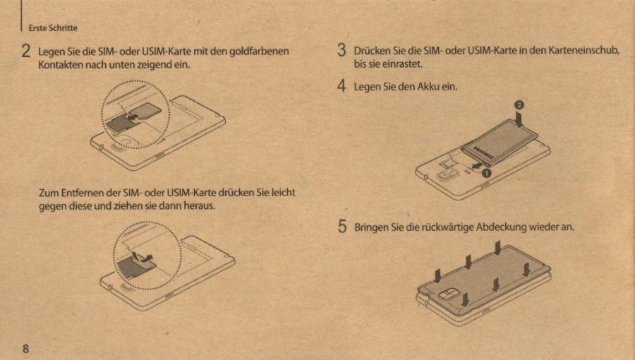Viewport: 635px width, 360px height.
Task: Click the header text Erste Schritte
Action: (53, 28)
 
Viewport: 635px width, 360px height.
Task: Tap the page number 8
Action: (25, 349)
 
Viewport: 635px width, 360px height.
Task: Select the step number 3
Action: (341, 50)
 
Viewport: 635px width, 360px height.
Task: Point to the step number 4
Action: (341, 87)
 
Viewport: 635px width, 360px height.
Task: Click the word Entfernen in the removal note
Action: (79, 193)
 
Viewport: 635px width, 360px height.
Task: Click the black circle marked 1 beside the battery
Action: (486, 170)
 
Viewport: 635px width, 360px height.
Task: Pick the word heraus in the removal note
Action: (198, 206)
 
